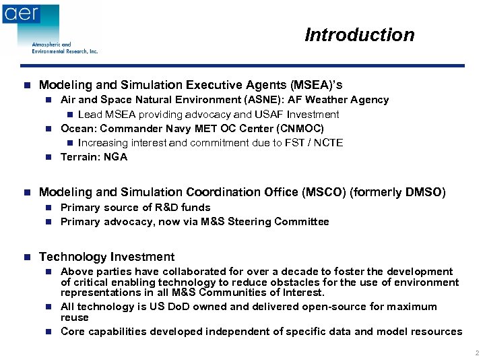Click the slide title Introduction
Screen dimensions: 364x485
[x=359, y=35]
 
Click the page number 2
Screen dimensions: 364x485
[x=475, y=353]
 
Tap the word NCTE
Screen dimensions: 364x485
[x=328, y=142]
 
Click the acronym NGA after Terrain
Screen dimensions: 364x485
[x=115, y=157]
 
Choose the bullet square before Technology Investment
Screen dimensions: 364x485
[x=26, y=257]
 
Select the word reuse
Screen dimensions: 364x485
[x=75, y=317]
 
